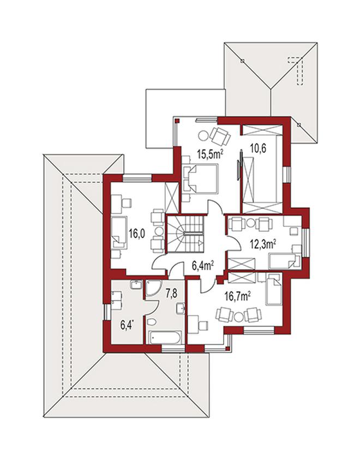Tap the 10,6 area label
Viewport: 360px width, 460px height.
[x=258, y=148]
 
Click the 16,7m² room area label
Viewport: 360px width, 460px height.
[x=237, y=297]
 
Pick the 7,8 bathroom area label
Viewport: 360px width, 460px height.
[x=171, y=294]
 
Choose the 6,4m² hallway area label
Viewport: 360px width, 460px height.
[x=202, y=266]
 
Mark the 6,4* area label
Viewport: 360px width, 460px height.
[x=127, y=325]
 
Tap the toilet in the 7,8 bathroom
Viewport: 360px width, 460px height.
[x=152, y=322]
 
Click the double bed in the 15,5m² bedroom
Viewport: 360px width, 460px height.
[x=200, y=178]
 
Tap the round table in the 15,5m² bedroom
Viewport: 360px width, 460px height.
[x=203, y=136]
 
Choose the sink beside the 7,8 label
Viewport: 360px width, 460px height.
[x=181, y=308]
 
